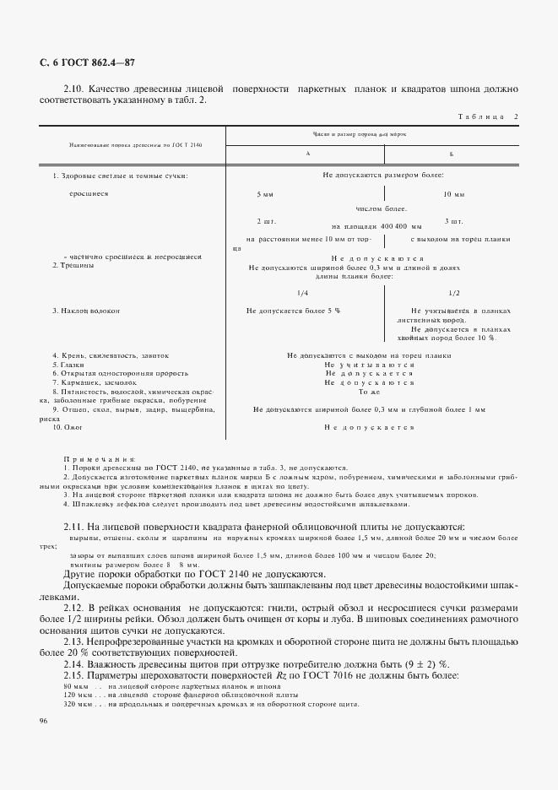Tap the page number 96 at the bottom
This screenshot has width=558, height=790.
click(x=44, y=720)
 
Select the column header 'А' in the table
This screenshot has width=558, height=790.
click(x=308, y=154)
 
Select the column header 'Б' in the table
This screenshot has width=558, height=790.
click(x=452, y=154)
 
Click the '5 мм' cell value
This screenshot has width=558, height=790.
click(x=264, y=195)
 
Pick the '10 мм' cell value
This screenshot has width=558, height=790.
click(x=454, y=195)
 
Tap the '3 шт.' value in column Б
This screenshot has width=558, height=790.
click(x=453, y=220)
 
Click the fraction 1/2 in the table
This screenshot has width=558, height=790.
click(x=453, y=293)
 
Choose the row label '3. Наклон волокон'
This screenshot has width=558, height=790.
click(x=86, y=311)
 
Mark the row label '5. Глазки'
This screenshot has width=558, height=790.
click(x=69, y=365)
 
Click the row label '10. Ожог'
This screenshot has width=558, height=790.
click(x=69, y=427)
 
